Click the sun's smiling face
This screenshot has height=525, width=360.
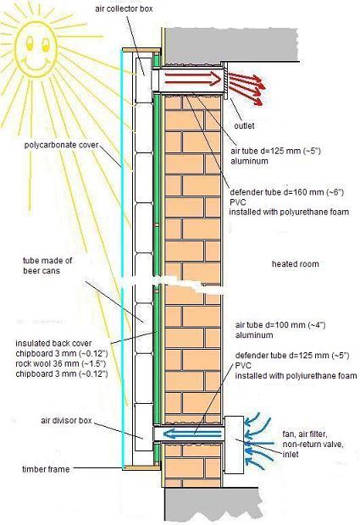(36, 47)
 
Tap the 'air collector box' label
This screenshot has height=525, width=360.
(124, 9)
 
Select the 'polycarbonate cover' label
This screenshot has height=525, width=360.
(62, 145)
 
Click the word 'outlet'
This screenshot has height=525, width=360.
(244, 126)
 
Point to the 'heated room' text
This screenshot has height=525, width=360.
(295, 264)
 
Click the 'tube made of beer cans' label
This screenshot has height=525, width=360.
(47, 266)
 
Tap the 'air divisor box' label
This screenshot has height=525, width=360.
(66, 420)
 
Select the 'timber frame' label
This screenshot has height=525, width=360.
(46, 469)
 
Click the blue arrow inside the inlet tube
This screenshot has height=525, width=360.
(191, 434)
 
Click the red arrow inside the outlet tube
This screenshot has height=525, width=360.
(193, 79)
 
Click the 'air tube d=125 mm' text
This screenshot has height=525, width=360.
(275, 151)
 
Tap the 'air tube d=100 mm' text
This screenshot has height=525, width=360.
(280, 325)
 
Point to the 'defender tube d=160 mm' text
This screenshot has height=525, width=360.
(286, 192)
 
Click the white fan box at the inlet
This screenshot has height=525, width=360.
(234, 445)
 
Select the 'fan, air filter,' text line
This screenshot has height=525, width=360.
(305, 434)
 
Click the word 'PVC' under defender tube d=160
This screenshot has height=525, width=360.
(237, 202)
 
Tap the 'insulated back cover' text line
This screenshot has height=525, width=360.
(53, 343)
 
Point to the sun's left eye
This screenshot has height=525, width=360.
(29, 42)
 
